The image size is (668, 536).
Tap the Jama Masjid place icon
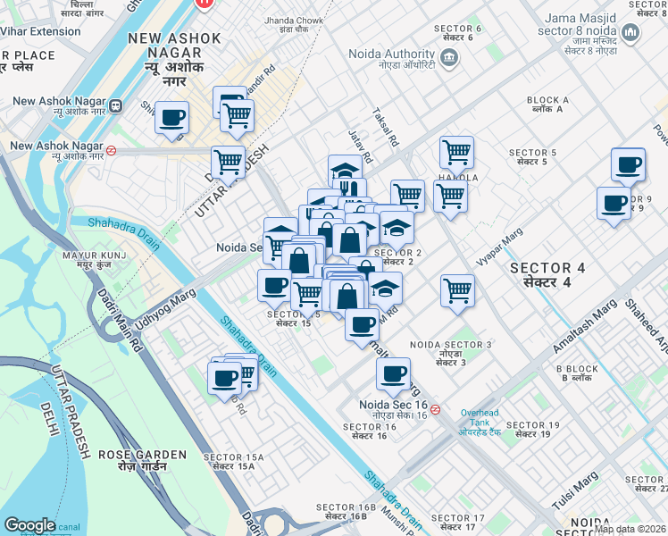[631, 34]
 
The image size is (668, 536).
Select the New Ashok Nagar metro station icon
[114, 107]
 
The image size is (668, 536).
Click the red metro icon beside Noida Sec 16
[436, 409]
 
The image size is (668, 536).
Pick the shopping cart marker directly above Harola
[456, 152]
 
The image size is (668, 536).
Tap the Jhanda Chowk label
[293, 24]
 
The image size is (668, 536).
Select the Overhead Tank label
[484, 417]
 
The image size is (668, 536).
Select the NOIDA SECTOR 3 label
[451, 349]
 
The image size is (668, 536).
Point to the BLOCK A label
[547, 105]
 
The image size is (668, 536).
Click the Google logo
[29, 525]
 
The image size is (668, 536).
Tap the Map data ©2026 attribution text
[630, 529]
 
